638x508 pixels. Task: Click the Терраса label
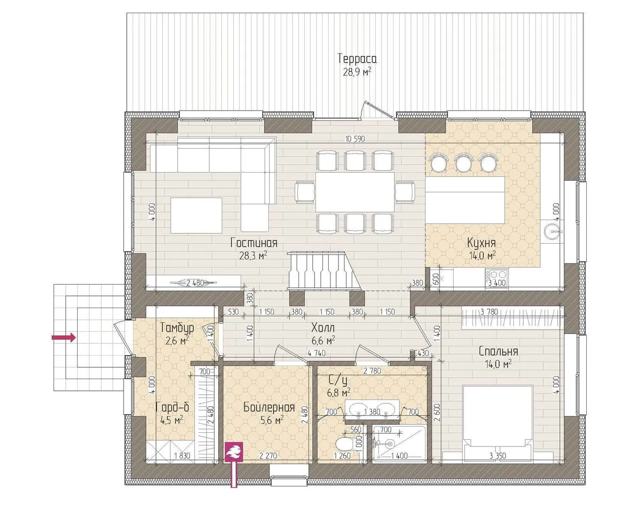click(x=357, y=58)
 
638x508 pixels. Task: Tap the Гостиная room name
click(x=254, y=243)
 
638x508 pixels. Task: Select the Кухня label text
click(x=481, y=243)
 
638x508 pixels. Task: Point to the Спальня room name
click(x=498, y=351)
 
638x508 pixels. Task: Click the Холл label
click(x=323, y=328)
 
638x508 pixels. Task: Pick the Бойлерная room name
click(x=269, y=407)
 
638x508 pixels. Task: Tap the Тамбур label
click(x=177, y=328)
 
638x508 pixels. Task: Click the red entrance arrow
click(x=64, y=337)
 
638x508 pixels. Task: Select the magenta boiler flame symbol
click(x=234, y=452)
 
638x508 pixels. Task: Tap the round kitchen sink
click(x=552, y=230)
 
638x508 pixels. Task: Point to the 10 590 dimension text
click(x=355, y=138)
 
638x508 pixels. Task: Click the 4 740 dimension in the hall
click(x=316, y=353)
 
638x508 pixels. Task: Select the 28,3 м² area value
click(x=253, y=255)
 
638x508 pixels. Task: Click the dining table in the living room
click(x=355, y=192)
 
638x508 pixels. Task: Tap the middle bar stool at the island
click(x=463, y=162)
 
